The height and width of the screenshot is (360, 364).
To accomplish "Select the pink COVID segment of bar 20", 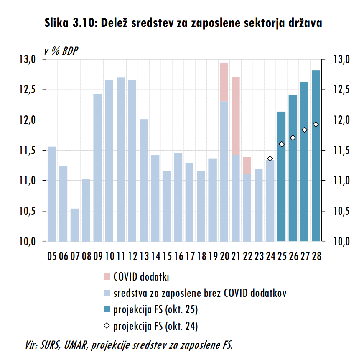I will [224, 82].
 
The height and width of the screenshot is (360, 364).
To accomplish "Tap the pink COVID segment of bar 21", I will [236, 115].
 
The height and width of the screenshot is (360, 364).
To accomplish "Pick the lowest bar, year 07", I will [75, 225].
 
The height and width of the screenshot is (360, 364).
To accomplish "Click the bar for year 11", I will [121, 159].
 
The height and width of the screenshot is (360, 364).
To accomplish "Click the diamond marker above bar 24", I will [270, 158].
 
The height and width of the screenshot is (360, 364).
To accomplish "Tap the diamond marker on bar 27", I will [305, 130].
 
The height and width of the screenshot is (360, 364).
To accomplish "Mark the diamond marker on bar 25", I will [282, 144].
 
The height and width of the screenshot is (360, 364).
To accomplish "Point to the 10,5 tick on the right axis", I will [339, 211].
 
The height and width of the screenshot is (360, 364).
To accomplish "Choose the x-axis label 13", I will [144, 255].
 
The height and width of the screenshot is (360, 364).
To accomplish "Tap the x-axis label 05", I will [52, 255].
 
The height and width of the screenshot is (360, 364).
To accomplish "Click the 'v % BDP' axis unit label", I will [61, 50].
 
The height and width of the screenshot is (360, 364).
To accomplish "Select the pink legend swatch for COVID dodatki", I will [107, 276].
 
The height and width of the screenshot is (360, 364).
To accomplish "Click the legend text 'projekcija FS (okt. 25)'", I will [155, 309].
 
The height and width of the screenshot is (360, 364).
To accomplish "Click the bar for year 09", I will [98, 168].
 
